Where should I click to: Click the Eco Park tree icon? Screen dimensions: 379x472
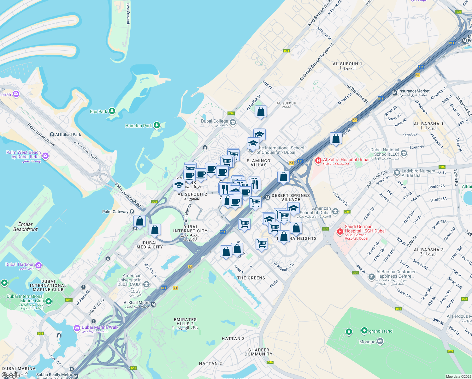(112, 111)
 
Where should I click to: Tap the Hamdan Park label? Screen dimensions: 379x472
(139, 126)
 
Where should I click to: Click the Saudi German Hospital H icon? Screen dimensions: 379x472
(340, 232)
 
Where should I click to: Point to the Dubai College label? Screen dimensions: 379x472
(215, 121)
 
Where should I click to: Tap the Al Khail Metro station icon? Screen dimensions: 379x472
(153, 304)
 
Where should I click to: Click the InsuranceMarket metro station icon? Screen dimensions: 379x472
(394, 93)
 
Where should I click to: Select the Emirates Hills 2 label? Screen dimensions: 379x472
(185, 324)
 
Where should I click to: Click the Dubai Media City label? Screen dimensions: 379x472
(150, 245)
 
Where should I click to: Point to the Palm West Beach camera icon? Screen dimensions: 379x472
(45, 155)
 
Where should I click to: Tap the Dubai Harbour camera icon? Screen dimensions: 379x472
(38, 265)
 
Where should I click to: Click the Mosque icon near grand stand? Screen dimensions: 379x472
(380, 341)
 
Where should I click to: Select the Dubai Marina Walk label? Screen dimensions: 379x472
(100, 328)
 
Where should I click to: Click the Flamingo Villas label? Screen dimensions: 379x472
(258, 163)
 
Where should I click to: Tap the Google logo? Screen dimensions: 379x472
(10, 375)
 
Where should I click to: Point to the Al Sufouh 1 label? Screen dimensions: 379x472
(347, 66)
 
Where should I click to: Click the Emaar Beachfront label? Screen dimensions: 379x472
(25, 227)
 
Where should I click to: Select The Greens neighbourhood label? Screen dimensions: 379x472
(251, 278)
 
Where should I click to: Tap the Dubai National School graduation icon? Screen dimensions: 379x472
(404, 153)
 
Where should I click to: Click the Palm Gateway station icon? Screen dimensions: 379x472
(132, 212)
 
